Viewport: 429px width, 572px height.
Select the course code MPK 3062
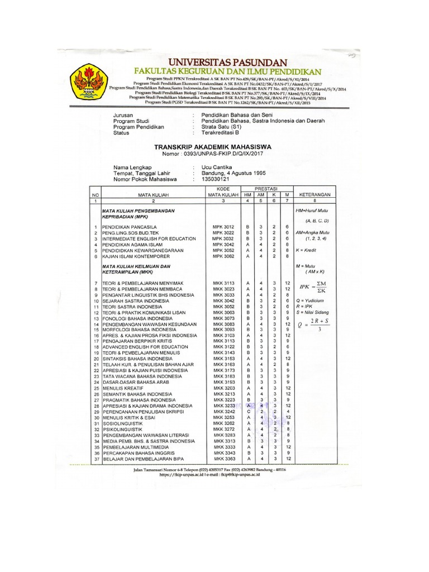(223, 256)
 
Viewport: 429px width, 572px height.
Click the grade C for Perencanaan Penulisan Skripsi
(247, 412)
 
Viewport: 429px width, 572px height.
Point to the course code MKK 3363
(223, 458)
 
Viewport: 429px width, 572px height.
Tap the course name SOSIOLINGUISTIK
(122, 423)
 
